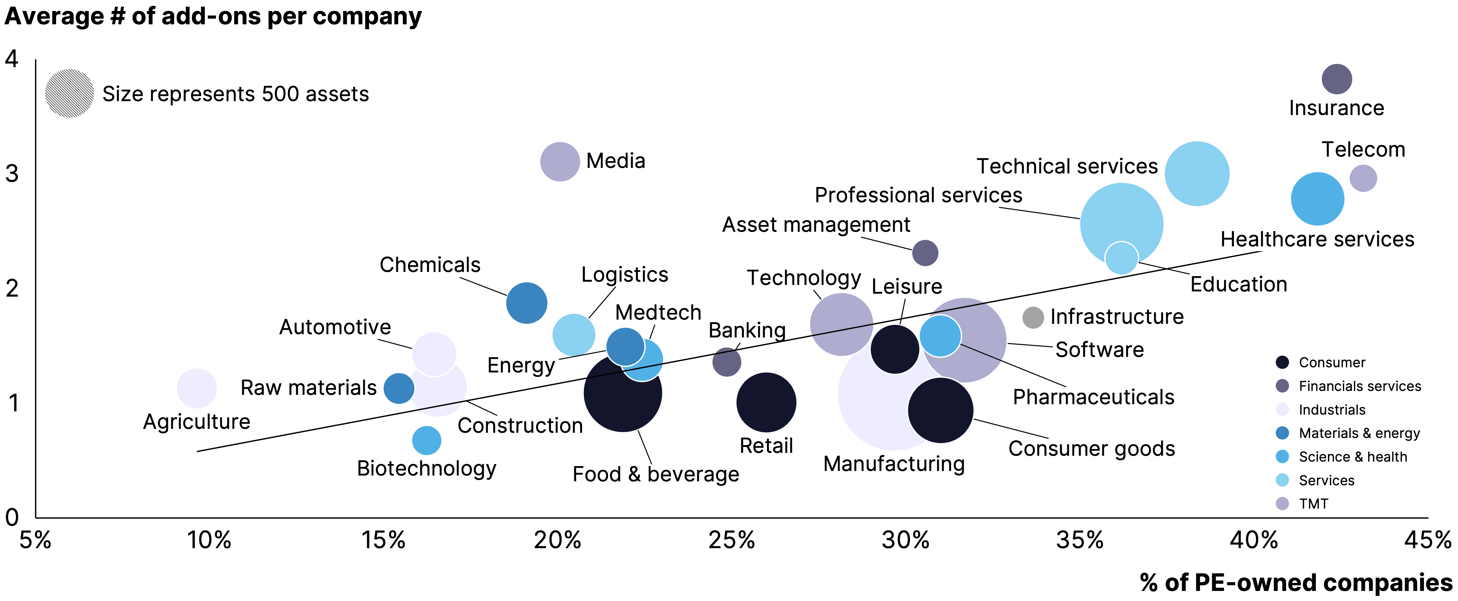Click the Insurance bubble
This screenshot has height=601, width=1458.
pos(1336,79)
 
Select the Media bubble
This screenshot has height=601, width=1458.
pos(560,162)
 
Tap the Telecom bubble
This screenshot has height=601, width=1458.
pos(1363,178)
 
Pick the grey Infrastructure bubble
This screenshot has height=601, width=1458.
pos(1033,317)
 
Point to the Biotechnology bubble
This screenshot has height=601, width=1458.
pos(426,440)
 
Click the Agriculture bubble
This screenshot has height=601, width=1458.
pos(197,388)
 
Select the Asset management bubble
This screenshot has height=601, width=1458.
pos(925,253)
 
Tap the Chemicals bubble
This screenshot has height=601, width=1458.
pos(526,303)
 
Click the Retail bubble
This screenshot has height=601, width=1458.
pos(766,402)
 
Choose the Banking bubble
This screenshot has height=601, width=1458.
pos(726,362)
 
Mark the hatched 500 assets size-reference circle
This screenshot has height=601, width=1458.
pos(69,93)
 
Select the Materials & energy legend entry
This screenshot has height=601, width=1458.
pos(1358,433)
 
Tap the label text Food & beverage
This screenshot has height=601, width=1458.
pos(655,474)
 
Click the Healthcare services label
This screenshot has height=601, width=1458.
pos(1317,239)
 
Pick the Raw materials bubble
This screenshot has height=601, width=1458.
pos(399,388)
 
